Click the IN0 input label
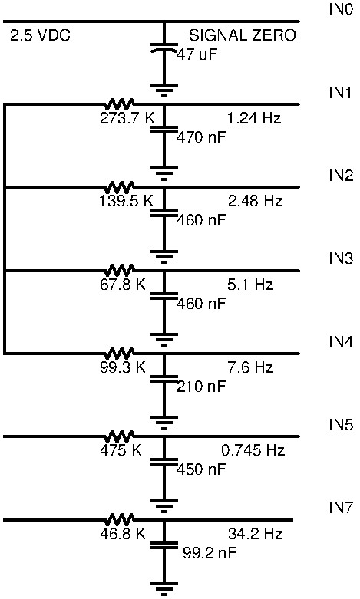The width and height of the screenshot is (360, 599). [342, 9]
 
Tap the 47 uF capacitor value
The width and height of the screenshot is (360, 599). [197, 54]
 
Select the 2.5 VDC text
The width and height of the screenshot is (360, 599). [40, 35]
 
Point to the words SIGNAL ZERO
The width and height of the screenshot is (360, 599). [243, 35]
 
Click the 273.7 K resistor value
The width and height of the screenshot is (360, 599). [127, 118]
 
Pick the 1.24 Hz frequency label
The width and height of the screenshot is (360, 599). [254, 118]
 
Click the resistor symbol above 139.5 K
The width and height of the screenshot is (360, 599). [120, 186]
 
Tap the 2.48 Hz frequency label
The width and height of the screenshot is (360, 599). [255, 201]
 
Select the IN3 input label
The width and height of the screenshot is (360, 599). [342, 258]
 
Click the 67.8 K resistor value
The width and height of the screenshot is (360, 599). [123, 285]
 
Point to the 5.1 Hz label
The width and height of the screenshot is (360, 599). [250, 285]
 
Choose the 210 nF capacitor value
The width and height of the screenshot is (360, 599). [201, 387]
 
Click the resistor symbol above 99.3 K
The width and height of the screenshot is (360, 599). [120, 353]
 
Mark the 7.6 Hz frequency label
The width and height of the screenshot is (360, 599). [250, 367]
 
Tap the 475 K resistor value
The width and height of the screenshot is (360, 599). [121, 450]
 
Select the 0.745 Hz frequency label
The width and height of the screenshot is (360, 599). [253, 450]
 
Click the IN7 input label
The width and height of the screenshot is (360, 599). [342, 508]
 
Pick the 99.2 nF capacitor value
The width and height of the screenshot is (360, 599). [210, 552]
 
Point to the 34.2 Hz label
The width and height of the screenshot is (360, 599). [255, 534]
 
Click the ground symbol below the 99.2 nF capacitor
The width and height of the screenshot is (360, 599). [164, 588]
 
